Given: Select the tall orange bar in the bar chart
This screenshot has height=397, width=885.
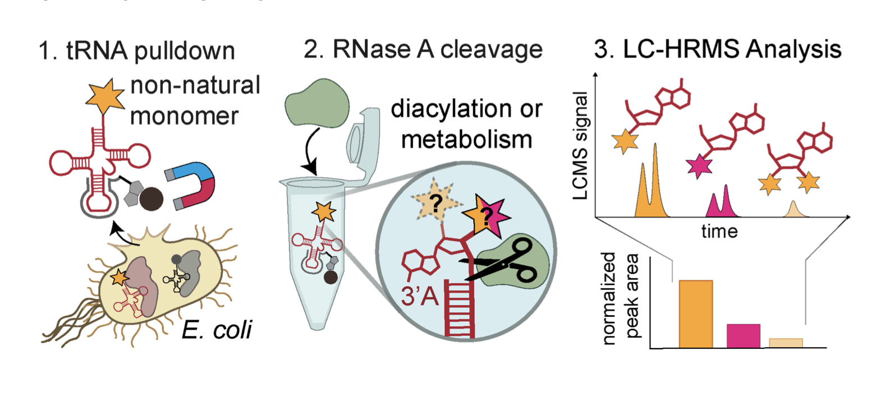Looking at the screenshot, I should [695, 314].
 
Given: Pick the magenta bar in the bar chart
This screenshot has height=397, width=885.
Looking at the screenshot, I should [743, 336].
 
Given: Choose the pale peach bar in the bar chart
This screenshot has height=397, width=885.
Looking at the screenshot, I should [786, 343].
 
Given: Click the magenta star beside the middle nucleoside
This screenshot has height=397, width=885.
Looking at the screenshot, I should [699, 166].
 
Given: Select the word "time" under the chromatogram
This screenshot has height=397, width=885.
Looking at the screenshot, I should [719, 231].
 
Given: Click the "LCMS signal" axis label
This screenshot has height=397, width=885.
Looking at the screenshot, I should [580, 146].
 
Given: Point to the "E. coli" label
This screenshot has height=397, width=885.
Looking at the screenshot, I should [217, 330].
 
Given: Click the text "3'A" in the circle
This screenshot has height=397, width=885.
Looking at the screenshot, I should [419, 294].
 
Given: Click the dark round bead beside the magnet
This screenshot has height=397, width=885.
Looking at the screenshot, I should [151, 198].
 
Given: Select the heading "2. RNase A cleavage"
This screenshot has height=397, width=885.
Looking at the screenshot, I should [423, 49].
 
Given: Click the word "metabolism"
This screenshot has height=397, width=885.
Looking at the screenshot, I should [466, 139].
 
